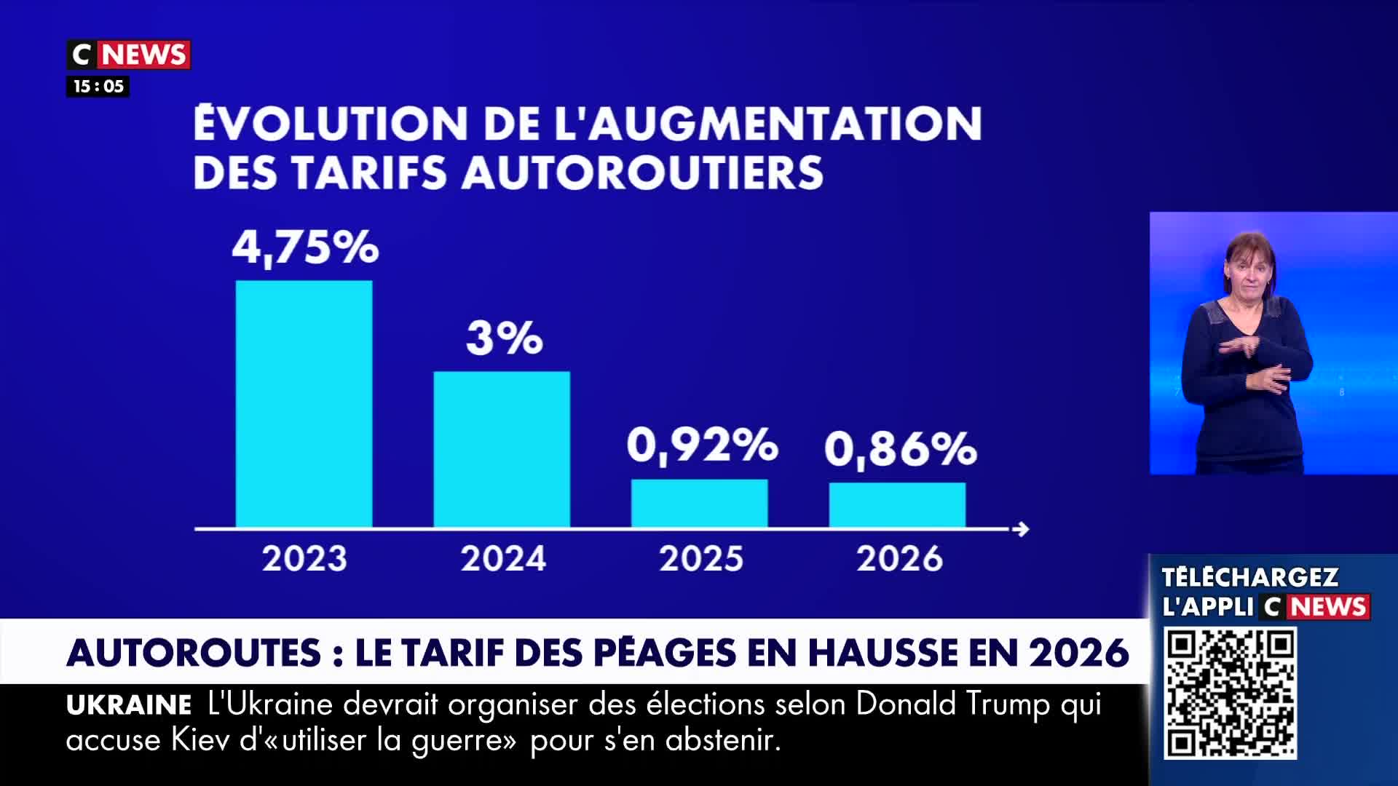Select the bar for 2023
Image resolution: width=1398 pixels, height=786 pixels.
coord(304,404)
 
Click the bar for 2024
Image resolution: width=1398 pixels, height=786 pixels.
coord(502,449)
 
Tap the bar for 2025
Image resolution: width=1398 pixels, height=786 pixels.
coord(699,503)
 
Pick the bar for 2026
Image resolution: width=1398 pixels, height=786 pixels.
coord(897,504)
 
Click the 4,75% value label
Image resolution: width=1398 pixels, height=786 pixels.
coord(305,247)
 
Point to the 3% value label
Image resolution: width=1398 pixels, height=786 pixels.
coord(504,338)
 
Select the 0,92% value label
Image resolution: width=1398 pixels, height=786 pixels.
coord(702,445)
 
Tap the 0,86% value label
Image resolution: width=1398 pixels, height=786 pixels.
coord(900,448)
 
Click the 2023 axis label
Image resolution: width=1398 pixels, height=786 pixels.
coord(304,559)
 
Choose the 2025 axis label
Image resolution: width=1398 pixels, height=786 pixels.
coord(701,559)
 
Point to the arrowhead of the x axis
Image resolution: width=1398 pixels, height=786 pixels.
coord(1022,529)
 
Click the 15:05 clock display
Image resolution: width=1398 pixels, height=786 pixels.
coord(98,87)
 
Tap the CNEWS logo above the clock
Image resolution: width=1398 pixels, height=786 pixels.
coord(129,55)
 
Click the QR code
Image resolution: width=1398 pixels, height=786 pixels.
coord(1230,694)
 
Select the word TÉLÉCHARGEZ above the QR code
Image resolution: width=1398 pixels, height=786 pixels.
coord(1249,577)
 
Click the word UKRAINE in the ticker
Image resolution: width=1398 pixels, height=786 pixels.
coord(129,705)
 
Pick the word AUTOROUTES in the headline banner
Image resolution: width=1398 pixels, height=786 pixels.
coord(194,652)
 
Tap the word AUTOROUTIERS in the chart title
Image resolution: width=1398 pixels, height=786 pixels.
coord(642,173)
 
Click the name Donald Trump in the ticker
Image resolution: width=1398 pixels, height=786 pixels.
coord(952,704)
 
